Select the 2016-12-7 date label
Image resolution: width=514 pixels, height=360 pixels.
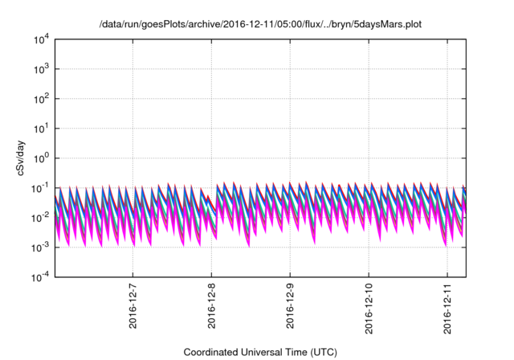pos(133,305)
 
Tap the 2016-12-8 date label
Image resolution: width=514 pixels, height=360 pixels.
pos(211,305)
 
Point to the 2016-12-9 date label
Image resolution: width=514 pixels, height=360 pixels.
pos(290,305)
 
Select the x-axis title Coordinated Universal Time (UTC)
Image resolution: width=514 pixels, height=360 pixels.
pos(261,352)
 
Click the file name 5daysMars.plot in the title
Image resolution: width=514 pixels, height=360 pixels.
pos(383,24)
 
